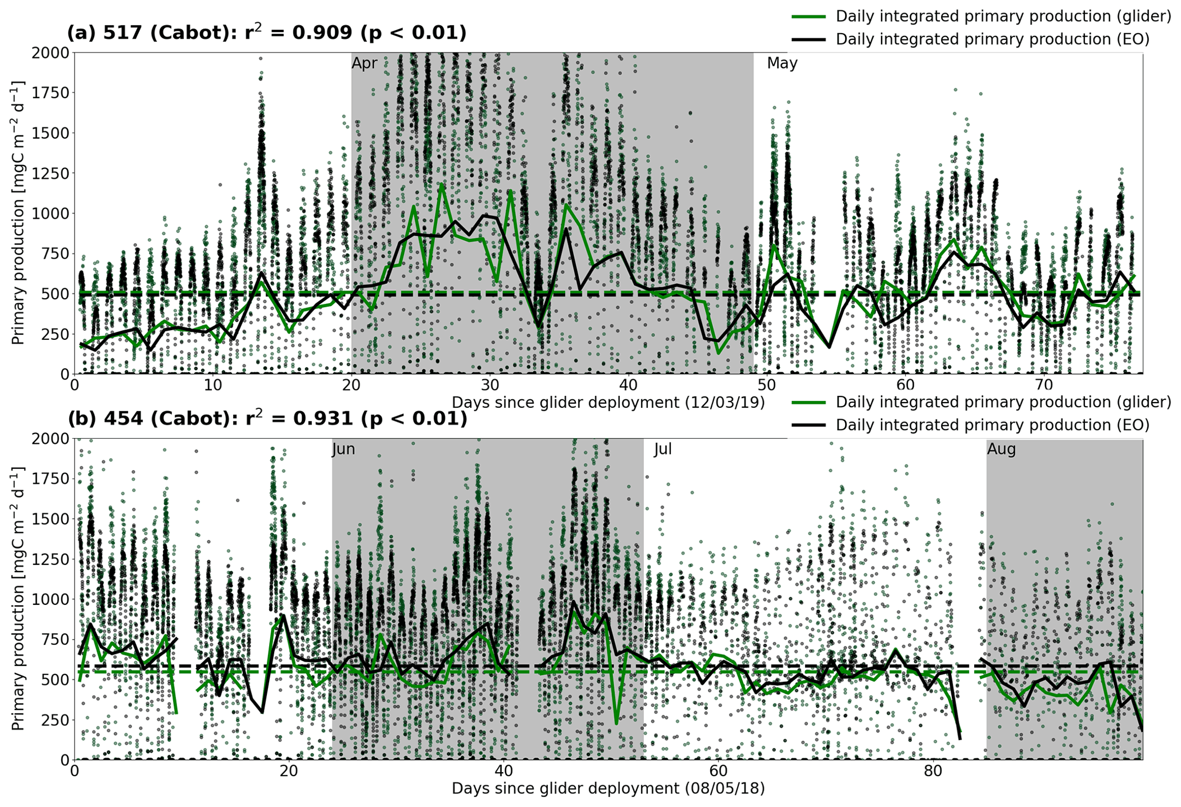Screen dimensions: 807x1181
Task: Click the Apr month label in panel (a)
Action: click(x=365, y=63)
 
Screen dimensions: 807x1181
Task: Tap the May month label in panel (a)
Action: click(x=782, y=63)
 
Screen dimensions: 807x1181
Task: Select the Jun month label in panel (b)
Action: click(x=343, y=449)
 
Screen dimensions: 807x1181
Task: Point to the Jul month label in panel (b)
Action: click(x=663, y=449)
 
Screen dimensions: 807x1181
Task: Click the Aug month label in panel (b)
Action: click(x=1002, y=449)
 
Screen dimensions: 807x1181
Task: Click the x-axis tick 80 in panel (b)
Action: click(x=933, y=770)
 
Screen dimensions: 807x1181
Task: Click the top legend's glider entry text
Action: click(x=1003, y=16)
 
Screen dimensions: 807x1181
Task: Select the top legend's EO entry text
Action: click(x=992, y=39)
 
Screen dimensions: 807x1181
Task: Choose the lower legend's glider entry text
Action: click(x=1003, y=402)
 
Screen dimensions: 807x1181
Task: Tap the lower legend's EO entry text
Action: click(x=992, y=425)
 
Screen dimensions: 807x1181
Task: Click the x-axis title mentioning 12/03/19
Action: click(x=608, y=403)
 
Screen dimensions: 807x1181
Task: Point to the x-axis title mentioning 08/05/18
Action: click(x=608, y=789)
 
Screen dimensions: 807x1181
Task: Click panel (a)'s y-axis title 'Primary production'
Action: click(x=18, y=213)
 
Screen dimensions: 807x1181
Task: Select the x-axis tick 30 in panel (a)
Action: click(x=490, y=384)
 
